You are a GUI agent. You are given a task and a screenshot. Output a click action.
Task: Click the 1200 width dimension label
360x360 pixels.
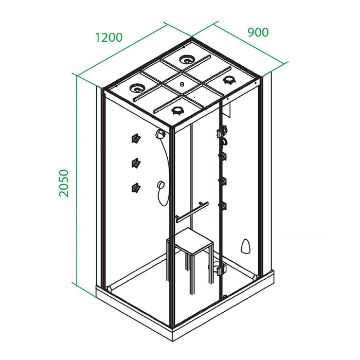(109, 38)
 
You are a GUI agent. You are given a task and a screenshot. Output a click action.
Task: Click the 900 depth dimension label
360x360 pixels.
(258, 32)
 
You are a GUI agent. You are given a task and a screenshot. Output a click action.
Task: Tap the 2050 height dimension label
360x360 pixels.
(64, 183)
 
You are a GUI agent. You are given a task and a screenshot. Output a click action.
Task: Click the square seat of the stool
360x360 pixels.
(194, 241)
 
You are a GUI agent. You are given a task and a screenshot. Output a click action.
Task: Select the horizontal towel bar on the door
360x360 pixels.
(192, 212)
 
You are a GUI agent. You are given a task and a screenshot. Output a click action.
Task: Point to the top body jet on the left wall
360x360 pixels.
(136, 138)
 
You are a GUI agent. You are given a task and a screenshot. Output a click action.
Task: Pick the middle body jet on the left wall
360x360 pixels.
(136, 163)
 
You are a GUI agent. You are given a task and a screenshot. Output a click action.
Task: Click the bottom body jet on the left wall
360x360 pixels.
(136, 188)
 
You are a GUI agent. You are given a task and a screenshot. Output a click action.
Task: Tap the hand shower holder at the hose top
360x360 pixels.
(160, 134)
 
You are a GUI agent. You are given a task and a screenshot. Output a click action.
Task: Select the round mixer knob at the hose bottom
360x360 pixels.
(160, 184)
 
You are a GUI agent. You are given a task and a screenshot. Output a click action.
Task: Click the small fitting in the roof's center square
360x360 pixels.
(183, 84)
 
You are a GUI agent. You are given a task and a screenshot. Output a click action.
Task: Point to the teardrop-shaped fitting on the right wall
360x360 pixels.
(245, 245)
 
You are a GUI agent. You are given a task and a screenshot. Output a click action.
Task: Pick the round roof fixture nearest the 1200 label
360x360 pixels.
(137, 87)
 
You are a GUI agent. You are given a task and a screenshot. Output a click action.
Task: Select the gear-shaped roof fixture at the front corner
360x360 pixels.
(177, 111)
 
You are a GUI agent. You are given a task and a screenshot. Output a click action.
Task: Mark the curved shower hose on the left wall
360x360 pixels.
(167, 170)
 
